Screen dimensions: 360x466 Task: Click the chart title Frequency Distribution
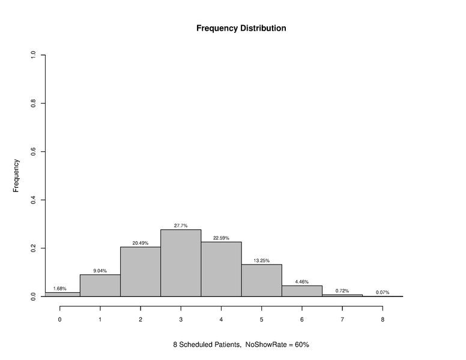click(241, 28)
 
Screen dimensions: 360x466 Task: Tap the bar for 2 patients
click(141, 271)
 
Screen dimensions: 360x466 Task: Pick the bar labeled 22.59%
click(221, 269)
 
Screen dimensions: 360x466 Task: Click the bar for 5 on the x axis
click(261, 280)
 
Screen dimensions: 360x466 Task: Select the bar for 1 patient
click(100, 286)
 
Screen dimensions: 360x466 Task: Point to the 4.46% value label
click(301, 281)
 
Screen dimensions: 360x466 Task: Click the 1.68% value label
click(60, 289)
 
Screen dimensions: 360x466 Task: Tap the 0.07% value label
click(383, 292)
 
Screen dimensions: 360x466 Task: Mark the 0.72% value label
click(342, 290)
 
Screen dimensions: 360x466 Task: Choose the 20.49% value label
click(141, 243)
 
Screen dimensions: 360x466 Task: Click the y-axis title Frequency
click(17, 175)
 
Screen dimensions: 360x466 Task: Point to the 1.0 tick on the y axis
click(34, 55)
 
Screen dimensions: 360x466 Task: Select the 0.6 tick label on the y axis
click(34, 152)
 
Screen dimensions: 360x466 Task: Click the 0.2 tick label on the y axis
click(34, 248)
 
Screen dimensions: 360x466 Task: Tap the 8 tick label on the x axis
click(383, 319)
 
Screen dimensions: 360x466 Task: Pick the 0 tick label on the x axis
click(60, 319)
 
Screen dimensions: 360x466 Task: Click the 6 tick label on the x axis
click(301, 319)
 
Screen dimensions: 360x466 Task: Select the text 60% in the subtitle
click(301, 345)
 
